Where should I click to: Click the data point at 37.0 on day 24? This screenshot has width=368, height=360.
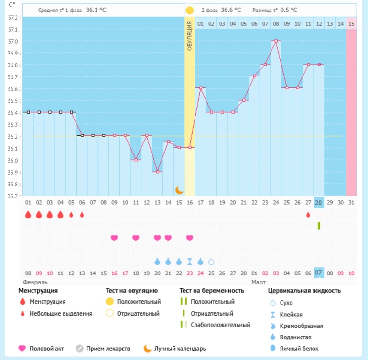276,41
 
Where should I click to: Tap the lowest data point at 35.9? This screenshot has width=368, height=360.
157,172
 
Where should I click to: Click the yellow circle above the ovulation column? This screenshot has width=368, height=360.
190,10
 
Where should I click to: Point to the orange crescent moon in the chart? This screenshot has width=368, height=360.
179,190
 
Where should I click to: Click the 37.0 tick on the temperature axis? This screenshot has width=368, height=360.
13,42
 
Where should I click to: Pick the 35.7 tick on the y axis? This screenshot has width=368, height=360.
13,196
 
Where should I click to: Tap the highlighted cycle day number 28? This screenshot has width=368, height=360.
319,203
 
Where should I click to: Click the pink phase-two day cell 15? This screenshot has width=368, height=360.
351,23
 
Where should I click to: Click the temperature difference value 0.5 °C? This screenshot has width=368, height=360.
288,10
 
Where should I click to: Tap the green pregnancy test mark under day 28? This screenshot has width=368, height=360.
319,226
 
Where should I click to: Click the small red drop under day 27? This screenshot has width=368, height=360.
308,215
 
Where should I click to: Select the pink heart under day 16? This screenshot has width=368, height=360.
190,238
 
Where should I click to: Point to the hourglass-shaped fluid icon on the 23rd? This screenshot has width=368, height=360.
190,262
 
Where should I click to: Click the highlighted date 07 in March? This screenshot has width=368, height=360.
319,273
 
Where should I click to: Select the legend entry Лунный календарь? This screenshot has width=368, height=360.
180,349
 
